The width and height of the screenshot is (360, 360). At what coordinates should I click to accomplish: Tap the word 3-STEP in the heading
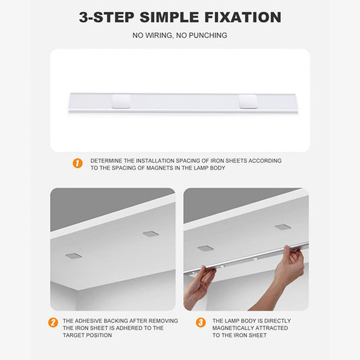click(x=102, y=17)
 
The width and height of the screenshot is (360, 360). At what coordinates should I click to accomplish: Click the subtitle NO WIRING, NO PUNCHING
click(x=180, y=35)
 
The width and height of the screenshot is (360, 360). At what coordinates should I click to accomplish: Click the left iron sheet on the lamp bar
click(x=122, y=102)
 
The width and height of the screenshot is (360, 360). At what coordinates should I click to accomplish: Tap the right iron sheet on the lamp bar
click(x=248, y=102)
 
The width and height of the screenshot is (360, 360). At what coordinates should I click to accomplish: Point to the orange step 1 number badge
click(x=78, y=163)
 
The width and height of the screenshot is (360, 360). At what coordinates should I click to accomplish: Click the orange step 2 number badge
click(x=53, y=323)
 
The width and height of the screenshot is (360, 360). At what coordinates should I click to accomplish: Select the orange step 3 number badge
click(x=200, y=323)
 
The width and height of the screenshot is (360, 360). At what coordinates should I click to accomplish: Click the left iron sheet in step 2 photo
click(x=74, y=256)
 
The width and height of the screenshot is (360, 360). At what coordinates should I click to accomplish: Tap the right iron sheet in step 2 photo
click(x=151, y=234)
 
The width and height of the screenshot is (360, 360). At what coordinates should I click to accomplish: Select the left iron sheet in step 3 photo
click(x=205, y=249)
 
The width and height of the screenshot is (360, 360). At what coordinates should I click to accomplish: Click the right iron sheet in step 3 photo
click(x=283, y=227)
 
